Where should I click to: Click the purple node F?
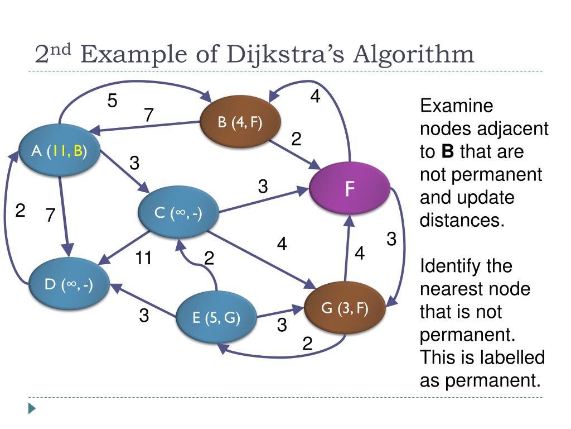[350, 189]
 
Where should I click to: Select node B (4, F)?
[240, 123]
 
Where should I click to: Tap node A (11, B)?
[59, 150]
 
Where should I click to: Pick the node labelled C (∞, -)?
[178, 213]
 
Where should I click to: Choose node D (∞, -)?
[69, 284]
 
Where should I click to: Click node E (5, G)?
[216, 318]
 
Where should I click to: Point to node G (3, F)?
[345, 308]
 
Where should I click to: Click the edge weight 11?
[144, 258]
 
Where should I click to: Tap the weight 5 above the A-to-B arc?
[113, 101]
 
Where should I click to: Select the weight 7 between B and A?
[148, 115]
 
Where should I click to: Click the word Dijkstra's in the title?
[286, 55]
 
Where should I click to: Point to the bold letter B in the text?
[447, 151]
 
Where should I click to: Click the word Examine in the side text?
[457, 106]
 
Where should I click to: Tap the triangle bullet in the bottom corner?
[32, 408]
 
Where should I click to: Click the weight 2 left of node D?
[20, 211]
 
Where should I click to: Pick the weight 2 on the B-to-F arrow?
[296, 139]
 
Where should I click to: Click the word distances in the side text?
[461, 220]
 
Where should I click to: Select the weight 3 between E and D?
[144, 316]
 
